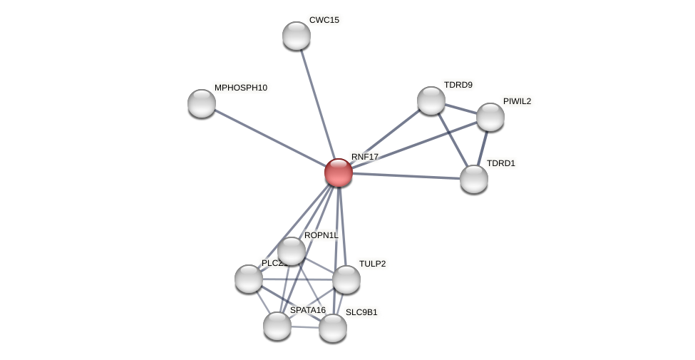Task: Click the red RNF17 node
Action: click(x=339, y=173)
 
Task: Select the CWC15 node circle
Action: click(x=297, y=36)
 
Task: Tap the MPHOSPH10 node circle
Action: click(x=202, y=103)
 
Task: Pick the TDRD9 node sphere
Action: click(x=431, y=101)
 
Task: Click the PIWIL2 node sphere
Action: click(x=490, y=117)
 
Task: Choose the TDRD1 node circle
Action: click(x=474, y=179)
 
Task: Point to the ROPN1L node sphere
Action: click(x=292, y=251)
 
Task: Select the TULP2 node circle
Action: click(x=346, y=279)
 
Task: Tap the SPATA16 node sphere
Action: click(x=277, y=326)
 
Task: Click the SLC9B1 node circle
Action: click(x=333, y=328)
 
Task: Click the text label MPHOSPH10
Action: click(x=241, y=88)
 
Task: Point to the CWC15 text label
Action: click(x=324, y=20)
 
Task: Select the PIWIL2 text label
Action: click(x=517, y=101)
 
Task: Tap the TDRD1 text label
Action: click(x=500, y=163)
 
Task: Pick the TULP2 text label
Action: click(x=372, y=264)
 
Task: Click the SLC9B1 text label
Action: click(x=361, y=312)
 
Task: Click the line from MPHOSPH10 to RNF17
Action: click(x=269, y=138)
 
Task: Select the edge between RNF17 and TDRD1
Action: click(x=406, y=176)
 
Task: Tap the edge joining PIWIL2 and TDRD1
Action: click(x=483, y=148)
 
